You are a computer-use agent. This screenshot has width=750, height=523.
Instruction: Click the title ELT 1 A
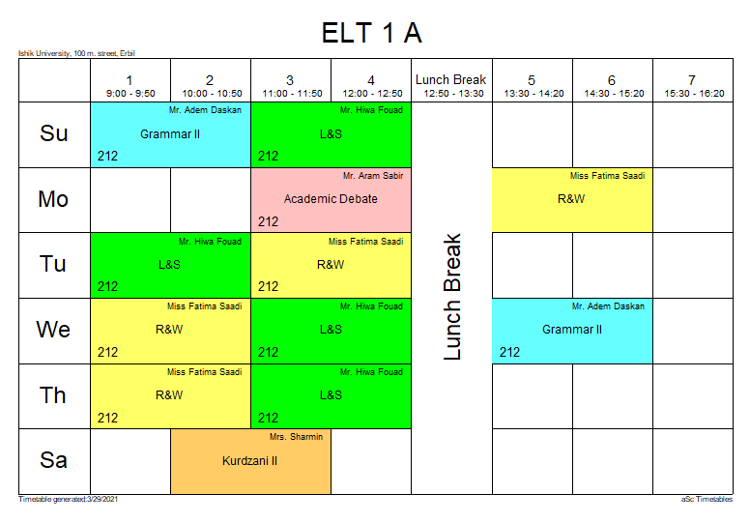tap(372, 33)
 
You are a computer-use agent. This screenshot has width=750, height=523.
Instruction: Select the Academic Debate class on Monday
tap(331, 199)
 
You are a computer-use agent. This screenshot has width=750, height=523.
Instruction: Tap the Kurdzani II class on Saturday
tap(250, 461)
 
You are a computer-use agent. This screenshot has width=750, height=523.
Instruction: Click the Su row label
tap(54, 133)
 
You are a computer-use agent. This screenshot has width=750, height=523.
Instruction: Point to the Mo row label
tap(54, 199)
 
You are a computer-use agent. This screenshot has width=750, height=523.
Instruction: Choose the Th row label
tap(54, 394)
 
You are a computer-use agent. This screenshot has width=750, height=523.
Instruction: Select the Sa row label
tap(54, 460)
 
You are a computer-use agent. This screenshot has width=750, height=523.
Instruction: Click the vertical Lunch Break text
tap(452, 297)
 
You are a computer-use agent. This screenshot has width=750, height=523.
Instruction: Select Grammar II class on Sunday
tap(170, 134)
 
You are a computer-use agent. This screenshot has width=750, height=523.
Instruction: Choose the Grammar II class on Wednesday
tap(572, 330)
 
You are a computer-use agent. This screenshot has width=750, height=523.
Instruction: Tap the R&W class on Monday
tap(572, 199)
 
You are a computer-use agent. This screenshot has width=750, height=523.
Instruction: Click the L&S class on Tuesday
tap(170, 264)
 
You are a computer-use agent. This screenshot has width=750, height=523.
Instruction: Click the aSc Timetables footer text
tap(707, 500)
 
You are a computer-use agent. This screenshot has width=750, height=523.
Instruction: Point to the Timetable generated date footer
tap(68, 500)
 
